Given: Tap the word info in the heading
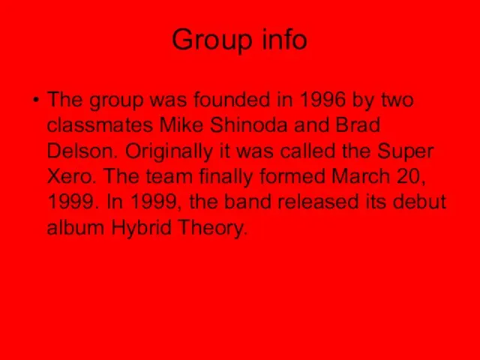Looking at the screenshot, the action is tap(284, 39).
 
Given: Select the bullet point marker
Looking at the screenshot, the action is tap(37, 100).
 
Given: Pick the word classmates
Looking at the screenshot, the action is tap(100, 125).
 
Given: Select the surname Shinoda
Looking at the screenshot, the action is tap(249, 125).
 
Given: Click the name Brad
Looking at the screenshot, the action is tap(358, 125).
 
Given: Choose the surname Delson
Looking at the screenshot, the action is tap(82, 150).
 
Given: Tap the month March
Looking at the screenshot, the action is tap(360, 176).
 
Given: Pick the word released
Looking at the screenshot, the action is tap(318, 202).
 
